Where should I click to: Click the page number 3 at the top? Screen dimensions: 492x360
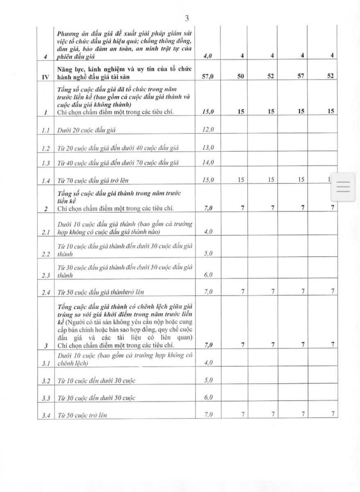click(187, 18)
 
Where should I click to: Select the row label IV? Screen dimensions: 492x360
click(46, 76)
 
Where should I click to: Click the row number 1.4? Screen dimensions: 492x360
click(46, 180)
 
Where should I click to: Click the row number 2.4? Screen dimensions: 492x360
click(46, 292)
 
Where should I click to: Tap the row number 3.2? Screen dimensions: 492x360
click(46, 381)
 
